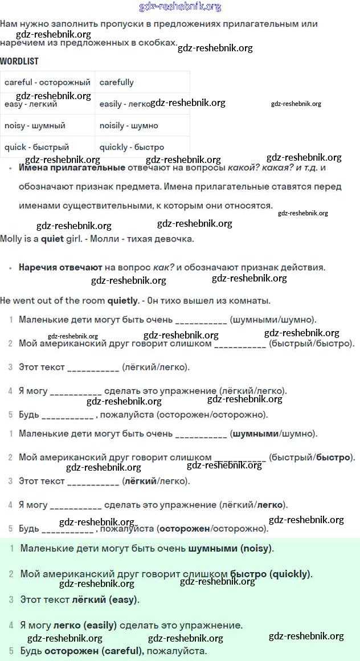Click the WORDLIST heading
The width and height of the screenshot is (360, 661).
coord(19,61)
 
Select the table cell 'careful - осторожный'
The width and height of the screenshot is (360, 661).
coord(47,82)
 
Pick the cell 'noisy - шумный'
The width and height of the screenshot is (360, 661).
coord(35,125)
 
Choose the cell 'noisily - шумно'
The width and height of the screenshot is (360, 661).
coord(129,125)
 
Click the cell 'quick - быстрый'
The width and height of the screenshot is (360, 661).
coord(36,147)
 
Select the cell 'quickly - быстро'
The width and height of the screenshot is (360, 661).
coord(132,147)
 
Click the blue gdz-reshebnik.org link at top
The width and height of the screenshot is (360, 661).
coord(180,7)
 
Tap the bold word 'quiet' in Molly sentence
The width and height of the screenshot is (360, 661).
coord(52,239)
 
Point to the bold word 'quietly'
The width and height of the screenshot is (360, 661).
coord(123,300)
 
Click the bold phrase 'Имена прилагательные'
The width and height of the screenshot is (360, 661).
coord(72,168)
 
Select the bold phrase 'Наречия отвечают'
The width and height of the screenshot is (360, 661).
coord(60,267)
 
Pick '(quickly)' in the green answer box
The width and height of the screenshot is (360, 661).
coord(291,574)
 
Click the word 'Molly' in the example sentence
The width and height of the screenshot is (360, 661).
coord(12,239)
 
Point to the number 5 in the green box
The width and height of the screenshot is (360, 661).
coord(11,650)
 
